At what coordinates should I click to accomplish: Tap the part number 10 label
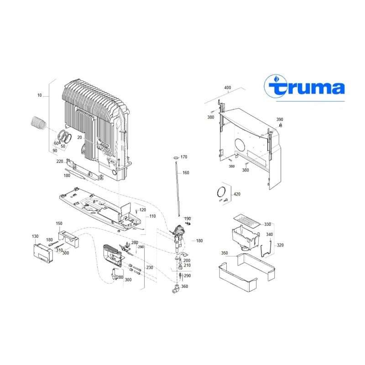point(40,95)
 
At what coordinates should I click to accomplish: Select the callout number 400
point(228,88)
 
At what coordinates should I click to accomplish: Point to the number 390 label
point(280,120)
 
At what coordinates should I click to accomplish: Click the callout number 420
point(236,194)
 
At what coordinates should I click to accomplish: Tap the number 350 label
point(224,253)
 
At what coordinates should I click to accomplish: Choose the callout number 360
point(184,287)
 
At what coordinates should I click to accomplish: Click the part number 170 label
point(184,157)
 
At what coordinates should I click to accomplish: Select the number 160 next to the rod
point(185,173)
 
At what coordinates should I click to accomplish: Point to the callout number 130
point(35,236)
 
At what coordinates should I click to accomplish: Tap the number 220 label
point(60,162)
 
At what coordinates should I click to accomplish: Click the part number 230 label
point(150,268)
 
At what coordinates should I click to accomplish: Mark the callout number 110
point(152,216)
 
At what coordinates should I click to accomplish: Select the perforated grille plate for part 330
point(248,221)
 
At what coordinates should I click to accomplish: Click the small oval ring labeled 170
point(176,157)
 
